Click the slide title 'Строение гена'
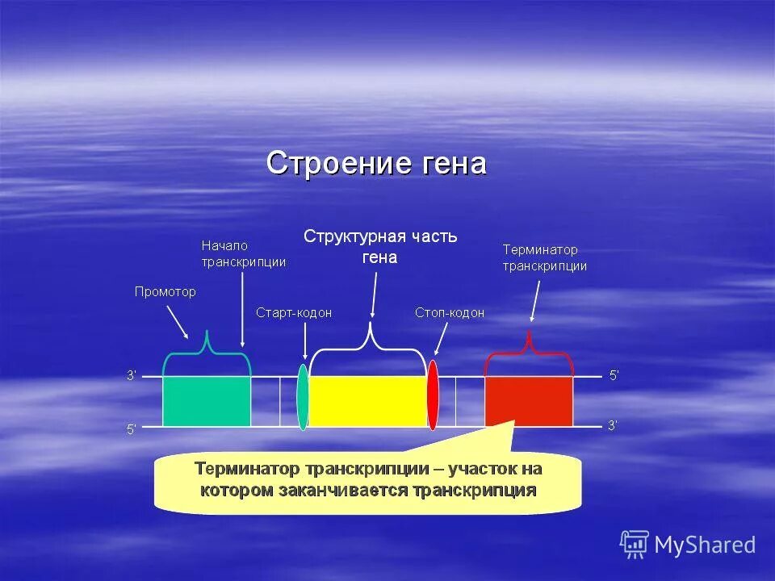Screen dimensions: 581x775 [x=376, y=163]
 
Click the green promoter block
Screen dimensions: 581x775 [x=207, y=401]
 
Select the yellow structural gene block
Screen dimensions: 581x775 [x=367, y=401]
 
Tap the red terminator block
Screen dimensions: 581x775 [x=529, y=401]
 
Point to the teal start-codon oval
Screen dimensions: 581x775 [x=303, y=396]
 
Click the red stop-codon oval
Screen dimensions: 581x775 [x=433, y=395]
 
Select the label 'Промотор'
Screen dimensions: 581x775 [x=165, y=292]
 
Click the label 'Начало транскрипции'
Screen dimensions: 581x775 [x=243, y=253]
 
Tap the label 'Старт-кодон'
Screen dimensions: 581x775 [x=294, y=313]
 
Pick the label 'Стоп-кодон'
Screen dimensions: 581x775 [x=450, y=313]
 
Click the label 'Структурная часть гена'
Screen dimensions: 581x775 [x=380, y=246]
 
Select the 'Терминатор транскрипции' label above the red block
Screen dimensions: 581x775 [x=544, y=258]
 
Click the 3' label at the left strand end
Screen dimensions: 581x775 [x=132, y=375]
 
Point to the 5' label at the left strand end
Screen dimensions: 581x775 [x=132, y=430]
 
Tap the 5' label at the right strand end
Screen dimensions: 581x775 [x=614, y=375]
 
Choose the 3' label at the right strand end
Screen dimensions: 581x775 [x=613, y=426]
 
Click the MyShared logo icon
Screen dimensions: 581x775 [x=635, y=545]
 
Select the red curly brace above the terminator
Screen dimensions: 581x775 [x=529, y=349]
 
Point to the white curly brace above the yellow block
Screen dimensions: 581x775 [x=368, y=343]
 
